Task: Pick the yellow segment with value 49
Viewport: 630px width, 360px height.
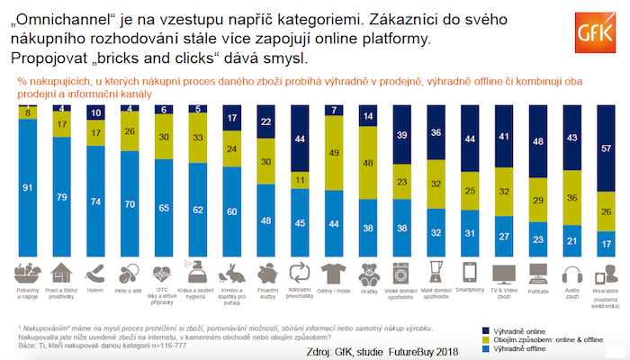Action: tap(335, 153)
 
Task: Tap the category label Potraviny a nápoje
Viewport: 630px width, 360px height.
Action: tap(28, 296)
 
